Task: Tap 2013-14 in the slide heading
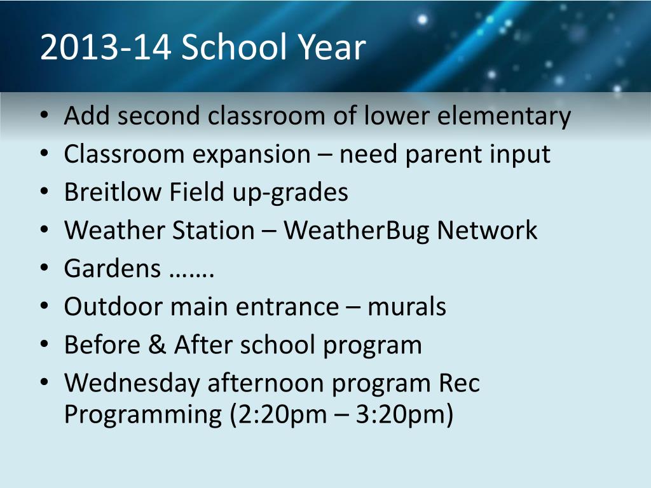(x=106, y=46)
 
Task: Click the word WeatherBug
(x=356, y=231)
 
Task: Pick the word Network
(x=487, y=230)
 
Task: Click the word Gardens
(x=112, y=269)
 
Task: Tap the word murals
(x=406, y=307)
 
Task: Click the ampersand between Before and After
(x=157, y=345)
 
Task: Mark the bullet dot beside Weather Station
(x=45, y=230)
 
